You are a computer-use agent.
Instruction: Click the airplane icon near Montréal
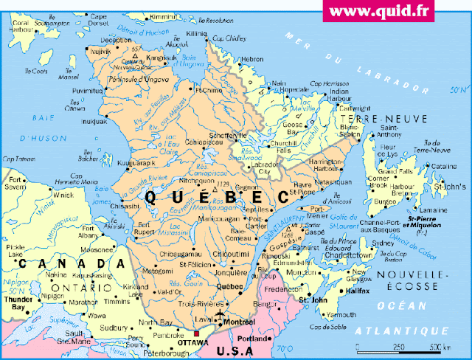pyautogui.click(x=221, y=316)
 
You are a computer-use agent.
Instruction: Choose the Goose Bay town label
pyautogui.click(x=314, y=125)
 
